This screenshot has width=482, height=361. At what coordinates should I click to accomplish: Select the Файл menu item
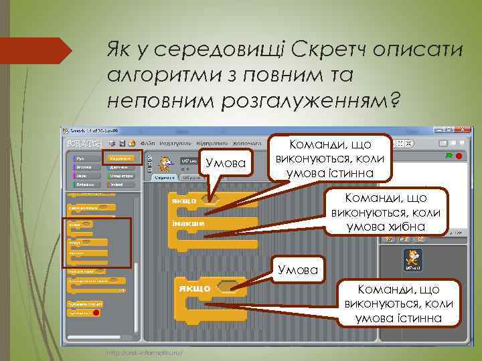pos(148,142)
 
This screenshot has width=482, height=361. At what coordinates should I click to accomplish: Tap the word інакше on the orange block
pos(187,223)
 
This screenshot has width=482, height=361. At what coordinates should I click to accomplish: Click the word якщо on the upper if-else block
pos(183,200)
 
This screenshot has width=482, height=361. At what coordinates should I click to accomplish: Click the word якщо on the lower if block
pos(193,288)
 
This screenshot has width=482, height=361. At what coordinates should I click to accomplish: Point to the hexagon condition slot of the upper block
pos(213,199)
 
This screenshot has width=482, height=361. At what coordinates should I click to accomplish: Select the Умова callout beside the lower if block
pos(296,269)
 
